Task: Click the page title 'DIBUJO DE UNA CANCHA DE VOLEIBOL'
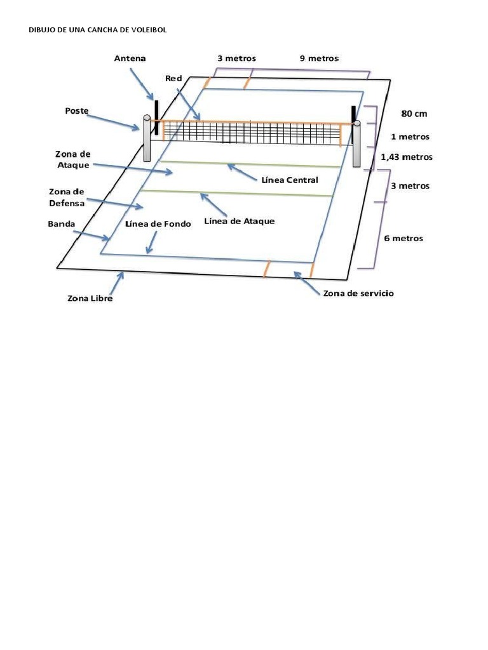pyautogui.click(x=98, y=30)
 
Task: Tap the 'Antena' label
pyautogui.click(x=130, y=58)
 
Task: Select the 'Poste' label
pyautogui.click(x=76, y=110)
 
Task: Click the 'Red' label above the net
pyautogui.click(x=173, y=78)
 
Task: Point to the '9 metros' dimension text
pyautogui.click(x=319, y=58)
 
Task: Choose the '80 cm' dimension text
pyautogui.click(x=414, y=114)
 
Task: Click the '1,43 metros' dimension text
pyautogui.click(x=406, y=157)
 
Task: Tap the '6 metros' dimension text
pyautogui.click(x=403, y=239)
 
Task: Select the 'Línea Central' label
pyautogui.click(x=290, y=180)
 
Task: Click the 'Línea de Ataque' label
pyautogui.click(x=240, y=222)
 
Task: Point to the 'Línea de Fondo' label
pyautogui.click(x=158, y=225)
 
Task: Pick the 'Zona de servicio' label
pyautogui.click(x=358, y=293)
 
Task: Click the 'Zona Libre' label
pyautogui.click(x=90, y=298)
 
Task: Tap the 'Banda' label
pyautogui.click(x=61, y=224)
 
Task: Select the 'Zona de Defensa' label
pyautogui.click(x=67, y=197)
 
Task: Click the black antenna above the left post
pyautogui.click(x=155, y=108)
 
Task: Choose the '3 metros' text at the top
pyautogui.click(x=236, y=58)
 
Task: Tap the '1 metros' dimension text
pyautogui.click(x=410, y=136)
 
